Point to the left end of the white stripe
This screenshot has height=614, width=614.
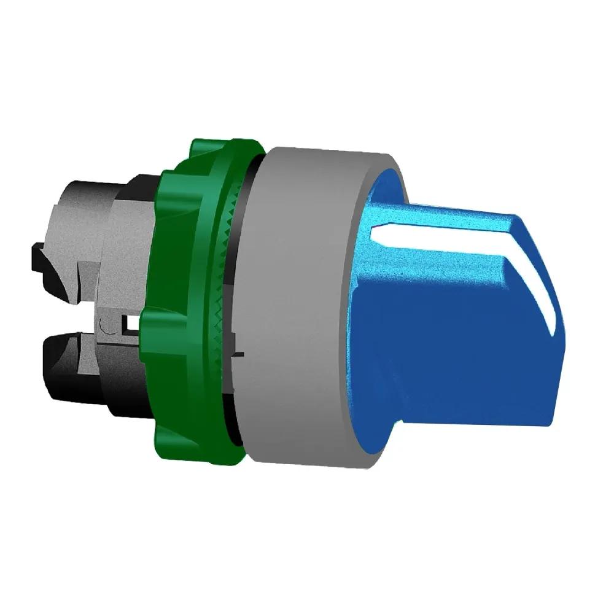(376, 231)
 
